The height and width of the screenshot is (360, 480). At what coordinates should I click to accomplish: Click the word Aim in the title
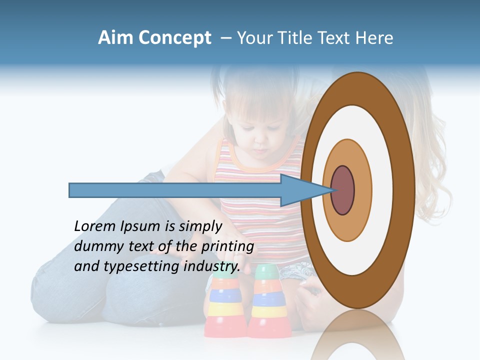tap(116, 38)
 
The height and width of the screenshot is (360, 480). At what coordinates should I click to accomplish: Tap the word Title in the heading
tap(298, 38)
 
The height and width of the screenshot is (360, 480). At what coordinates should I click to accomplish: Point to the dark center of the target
tap(342, 190)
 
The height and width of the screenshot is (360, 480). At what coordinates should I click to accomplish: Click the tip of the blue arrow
tap(333, 190)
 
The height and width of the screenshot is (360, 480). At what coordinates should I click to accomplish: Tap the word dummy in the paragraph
tap(97, 246)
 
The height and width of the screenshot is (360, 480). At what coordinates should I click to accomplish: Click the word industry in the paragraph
tap(212, 266)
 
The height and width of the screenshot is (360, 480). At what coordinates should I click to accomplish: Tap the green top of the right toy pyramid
tap(267, 272)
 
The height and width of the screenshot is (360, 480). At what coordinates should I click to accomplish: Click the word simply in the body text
tap(199, 226)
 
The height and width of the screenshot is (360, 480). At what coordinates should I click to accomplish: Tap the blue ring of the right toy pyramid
tap(268, 299)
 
